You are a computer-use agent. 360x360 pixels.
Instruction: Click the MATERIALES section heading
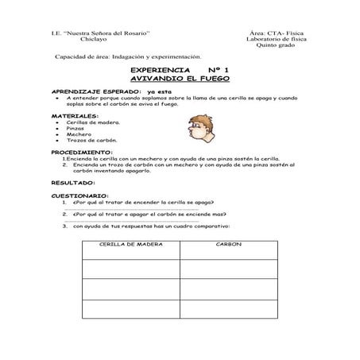click(x=75, y=115)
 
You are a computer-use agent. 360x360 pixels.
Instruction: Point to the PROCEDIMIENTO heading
click(x=82, y=151)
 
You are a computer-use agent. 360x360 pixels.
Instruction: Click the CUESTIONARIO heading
click(x=80, y=195)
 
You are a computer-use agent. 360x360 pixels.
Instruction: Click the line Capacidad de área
click(x=127, y=57)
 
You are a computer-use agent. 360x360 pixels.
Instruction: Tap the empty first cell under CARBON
click(x=229, y=268)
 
